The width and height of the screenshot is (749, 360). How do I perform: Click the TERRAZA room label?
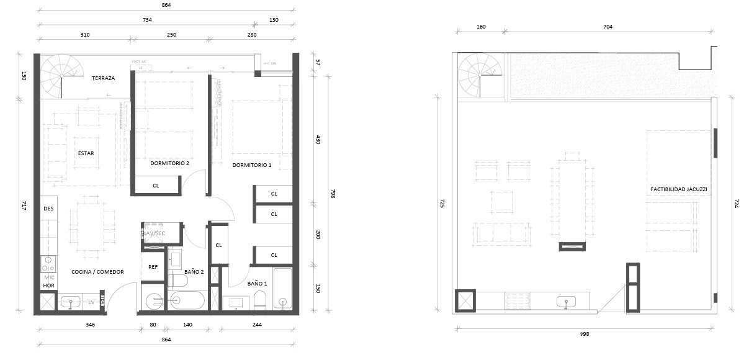103,79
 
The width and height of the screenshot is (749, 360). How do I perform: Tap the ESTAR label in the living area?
86,153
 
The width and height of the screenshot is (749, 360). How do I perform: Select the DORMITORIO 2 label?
169,163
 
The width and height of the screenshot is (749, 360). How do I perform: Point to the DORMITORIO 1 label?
252,165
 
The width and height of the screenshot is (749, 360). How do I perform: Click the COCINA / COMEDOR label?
97,272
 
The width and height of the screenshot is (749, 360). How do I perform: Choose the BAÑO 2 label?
194,272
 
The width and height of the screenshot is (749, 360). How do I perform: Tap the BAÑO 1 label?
257,283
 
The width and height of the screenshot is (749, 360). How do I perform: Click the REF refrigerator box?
153,267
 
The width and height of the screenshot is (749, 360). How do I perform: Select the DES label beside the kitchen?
48,209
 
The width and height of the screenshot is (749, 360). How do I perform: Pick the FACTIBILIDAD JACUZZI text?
679,188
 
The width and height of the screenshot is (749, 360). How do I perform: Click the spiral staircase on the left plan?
61,74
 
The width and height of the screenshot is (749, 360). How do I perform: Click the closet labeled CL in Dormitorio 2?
156,186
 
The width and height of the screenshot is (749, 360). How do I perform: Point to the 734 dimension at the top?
147,20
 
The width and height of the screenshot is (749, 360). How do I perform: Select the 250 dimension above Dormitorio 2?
171,35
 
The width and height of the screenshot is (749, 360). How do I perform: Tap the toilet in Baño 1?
259,302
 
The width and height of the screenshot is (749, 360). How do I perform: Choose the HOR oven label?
48,286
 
